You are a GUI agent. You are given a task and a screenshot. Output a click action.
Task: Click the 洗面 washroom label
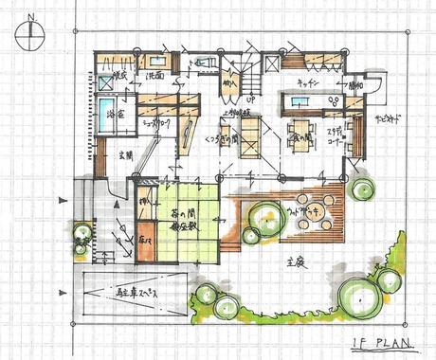coord(156,75)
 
